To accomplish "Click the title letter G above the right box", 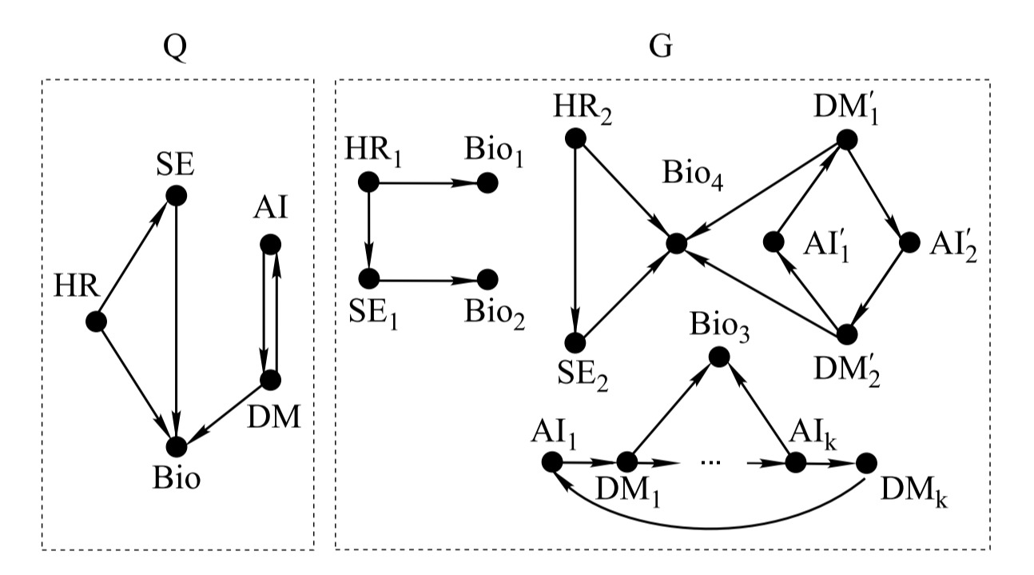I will tap(660, 48).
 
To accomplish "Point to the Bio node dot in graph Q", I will tap(176, 445).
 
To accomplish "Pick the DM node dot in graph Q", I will tap(270, 381).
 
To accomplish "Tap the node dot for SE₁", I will tap(368, 279).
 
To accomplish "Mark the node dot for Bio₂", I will tap(488, 279).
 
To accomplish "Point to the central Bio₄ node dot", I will tap(676, 243).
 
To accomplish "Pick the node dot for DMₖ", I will tap(867, 462).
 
